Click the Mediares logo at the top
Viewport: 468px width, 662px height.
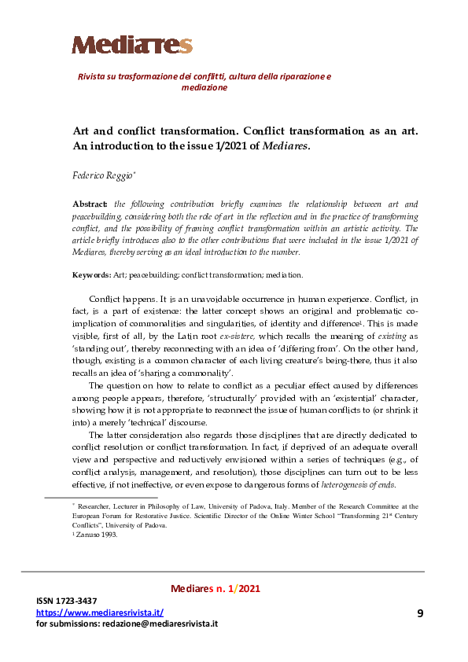132,45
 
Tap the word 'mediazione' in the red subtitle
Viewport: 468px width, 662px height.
204,88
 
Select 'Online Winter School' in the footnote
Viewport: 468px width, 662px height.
297,517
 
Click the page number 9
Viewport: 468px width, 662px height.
419,612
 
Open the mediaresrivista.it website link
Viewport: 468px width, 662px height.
100,612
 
